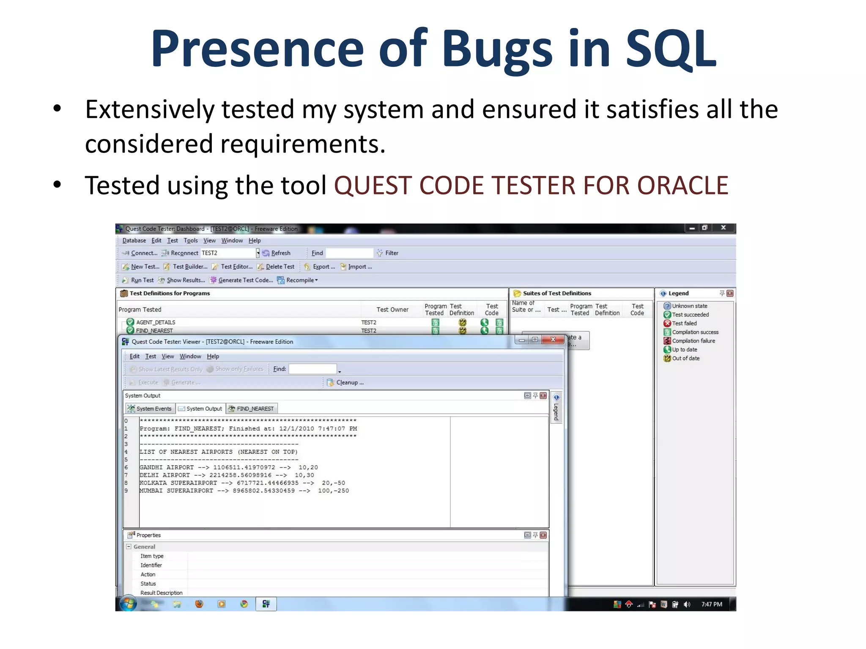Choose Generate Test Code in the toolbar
coord(241,280)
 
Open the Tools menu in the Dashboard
coord(191,240)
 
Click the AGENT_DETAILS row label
coord(156,322)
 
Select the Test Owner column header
coord(392,310)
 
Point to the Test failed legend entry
coord(684,323)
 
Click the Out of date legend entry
coord(685,358)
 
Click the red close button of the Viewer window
coord(553,340)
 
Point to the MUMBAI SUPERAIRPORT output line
coord(244,491)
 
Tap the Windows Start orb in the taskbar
coord(128,604)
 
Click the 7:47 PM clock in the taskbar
coord(712,604)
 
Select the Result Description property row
coord(161,593)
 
